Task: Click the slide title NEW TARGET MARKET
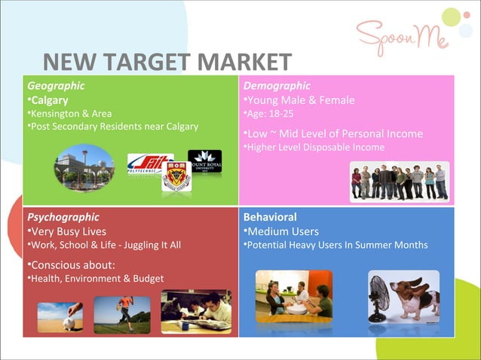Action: pos(167,63)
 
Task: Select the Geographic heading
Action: pos(55,86)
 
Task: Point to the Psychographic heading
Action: pos(63,217)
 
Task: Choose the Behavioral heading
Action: pos(270,217)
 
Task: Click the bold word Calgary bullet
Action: pos(49,100)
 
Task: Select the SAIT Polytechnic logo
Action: pos(149,164)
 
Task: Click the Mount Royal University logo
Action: pos(204,161)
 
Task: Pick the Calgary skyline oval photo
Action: pos(84,167)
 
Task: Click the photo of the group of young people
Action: pos(399,182)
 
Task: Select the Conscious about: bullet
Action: pos(72,264)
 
